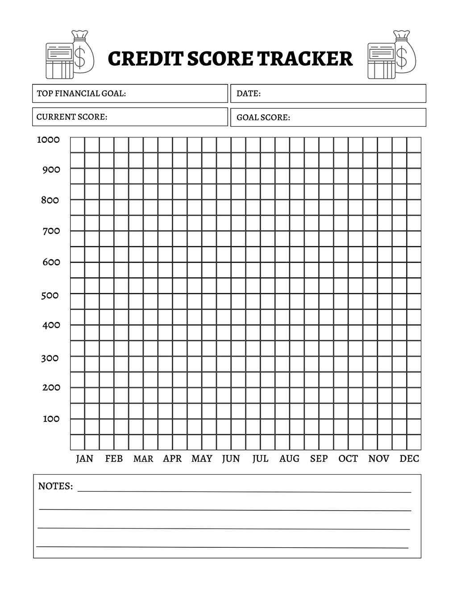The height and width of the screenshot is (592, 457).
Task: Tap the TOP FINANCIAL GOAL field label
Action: tap(81, 93)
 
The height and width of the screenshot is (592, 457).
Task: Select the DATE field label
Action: tap(249, 93)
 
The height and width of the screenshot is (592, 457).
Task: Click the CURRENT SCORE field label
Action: tap(72, 117)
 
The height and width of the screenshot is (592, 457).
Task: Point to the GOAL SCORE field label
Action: tap(263, 117)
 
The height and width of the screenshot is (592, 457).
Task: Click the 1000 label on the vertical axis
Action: tap(48, 140)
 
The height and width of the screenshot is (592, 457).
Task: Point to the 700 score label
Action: tap(51, 231)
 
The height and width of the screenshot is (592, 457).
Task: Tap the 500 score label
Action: tap(50, 295)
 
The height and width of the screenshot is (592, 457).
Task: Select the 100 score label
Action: tap(51, 419)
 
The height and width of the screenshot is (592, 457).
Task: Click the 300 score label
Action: tap(50, 358)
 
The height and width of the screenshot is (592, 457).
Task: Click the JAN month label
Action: tap(84, 459)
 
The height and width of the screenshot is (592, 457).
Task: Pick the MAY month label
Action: tap(202, 459)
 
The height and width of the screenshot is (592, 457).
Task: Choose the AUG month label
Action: tap(289, 459)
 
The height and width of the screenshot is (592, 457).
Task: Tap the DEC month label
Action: tap(409, 459)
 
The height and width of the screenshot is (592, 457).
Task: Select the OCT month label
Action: tap(348, 459)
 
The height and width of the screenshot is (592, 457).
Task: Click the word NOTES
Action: tap(55, 486)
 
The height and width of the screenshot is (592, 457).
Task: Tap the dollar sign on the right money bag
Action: tap(402, 57)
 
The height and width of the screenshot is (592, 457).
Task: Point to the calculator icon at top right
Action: tap(381, 61)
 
